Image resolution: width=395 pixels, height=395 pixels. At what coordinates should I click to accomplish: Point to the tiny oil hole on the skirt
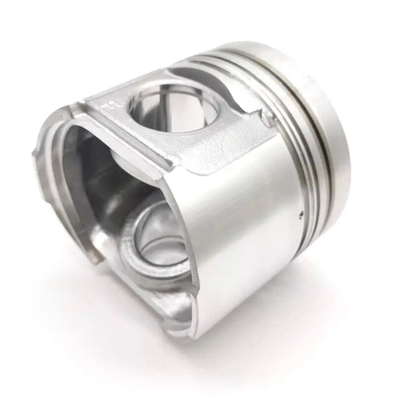pyautogui.click(x=301, y=215)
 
